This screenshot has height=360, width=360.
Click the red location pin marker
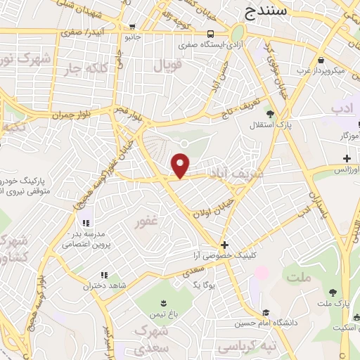click(x=181, y=165)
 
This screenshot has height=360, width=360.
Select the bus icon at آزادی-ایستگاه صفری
click(x=211, y=34)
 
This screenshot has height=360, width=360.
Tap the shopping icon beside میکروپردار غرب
click(x=321, y=61)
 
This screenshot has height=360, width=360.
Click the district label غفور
click(x=150, y=223)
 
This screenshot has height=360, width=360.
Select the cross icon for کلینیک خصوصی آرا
click(x=224, y=245)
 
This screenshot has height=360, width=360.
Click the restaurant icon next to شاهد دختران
click(x=104, y=275)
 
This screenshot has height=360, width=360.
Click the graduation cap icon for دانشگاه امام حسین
click(x=266, y=312)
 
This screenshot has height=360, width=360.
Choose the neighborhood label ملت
click(x=299, y=278)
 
